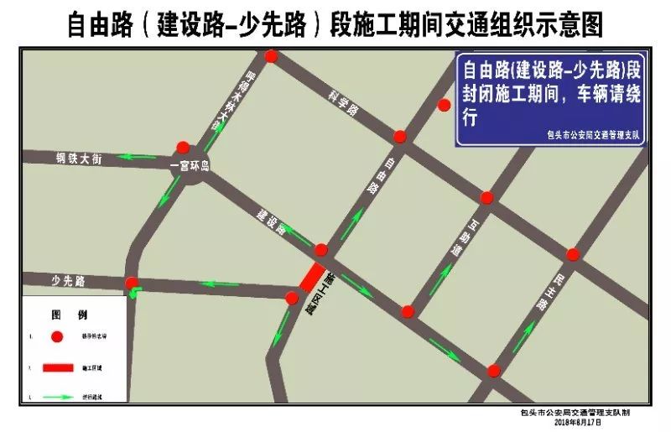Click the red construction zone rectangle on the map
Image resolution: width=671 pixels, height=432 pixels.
pos(312,278)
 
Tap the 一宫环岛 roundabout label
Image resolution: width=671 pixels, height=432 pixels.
pos(189,167)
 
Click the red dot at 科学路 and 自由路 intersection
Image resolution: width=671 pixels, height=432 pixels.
pos(400,137)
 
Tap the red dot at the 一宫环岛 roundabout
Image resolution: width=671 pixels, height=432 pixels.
pos(183,148)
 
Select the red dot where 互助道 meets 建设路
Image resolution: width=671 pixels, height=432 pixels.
pos(408,312)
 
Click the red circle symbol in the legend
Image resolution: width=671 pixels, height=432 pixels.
pos(57,337)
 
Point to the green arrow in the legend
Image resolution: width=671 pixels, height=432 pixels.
pos(57,395)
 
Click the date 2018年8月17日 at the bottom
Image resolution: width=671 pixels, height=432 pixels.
pos(579,422)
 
